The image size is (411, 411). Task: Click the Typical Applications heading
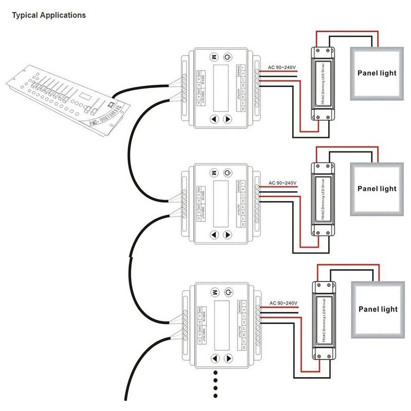click(49, 15)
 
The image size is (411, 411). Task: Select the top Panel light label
click(377, 73)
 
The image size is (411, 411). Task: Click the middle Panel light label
click(377, 189)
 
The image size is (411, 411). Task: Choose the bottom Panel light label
click(378, 309)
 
